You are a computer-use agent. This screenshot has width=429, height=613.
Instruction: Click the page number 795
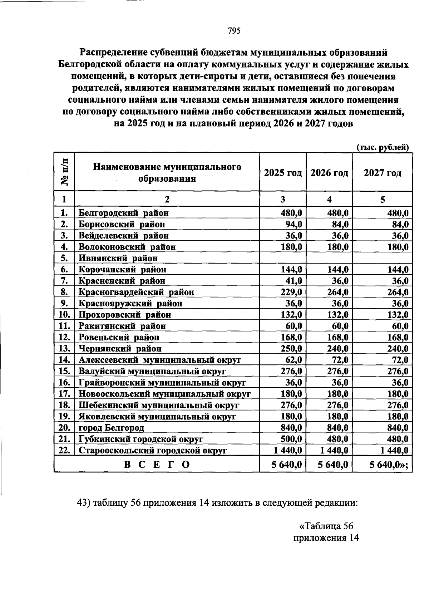(235, 31)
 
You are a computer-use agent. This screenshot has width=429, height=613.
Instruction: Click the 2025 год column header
(283, 173)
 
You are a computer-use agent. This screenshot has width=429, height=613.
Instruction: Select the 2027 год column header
(382, 173)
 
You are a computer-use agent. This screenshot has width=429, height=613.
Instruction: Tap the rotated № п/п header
(64, 172)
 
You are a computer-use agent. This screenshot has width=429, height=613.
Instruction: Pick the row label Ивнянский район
(118, 258)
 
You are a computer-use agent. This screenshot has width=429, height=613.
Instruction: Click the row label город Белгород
(111, 428)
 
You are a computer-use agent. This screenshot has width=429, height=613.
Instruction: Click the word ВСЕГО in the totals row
(157, 465)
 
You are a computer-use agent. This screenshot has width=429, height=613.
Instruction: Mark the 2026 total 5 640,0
(329, 465)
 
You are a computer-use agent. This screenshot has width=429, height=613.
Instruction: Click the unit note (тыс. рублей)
(383, 147)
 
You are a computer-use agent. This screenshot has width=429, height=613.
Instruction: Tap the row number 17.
(64, 394)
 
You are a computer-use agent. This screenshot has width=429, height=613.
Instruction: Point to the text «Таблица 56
(326, 526)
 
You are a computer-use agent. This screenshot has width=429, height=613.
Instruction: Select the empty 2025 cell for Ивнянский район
(283, 258)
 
